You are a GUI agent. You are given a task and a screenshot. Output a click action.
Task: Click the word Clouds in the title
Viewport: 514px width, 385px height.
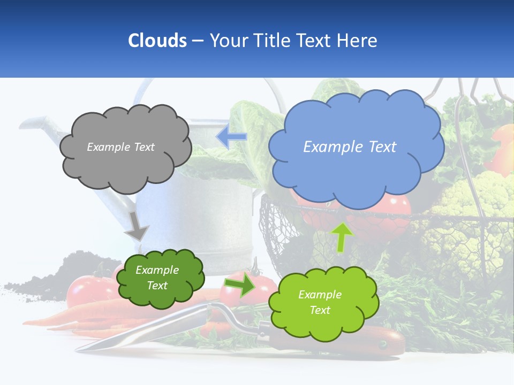[157, 41]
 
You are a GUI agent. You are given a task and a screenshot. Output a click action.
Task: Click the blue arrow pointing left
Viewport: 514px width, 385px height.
[231, 137]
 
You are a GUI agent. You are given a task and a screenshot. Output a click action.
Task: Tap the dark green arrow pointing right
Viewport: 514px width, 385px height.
[240, 286]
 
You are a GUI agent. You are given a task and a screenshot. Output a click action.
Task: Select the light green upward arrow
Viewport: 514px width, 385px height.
[342, 236]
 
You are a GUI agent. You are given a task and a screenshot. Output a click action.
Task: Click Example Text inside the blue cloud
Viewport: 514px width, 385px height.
[350, 147]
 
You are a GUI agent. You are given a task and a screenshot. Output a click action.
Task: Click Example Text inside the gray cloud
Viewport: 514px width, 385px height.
[120, 147]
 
